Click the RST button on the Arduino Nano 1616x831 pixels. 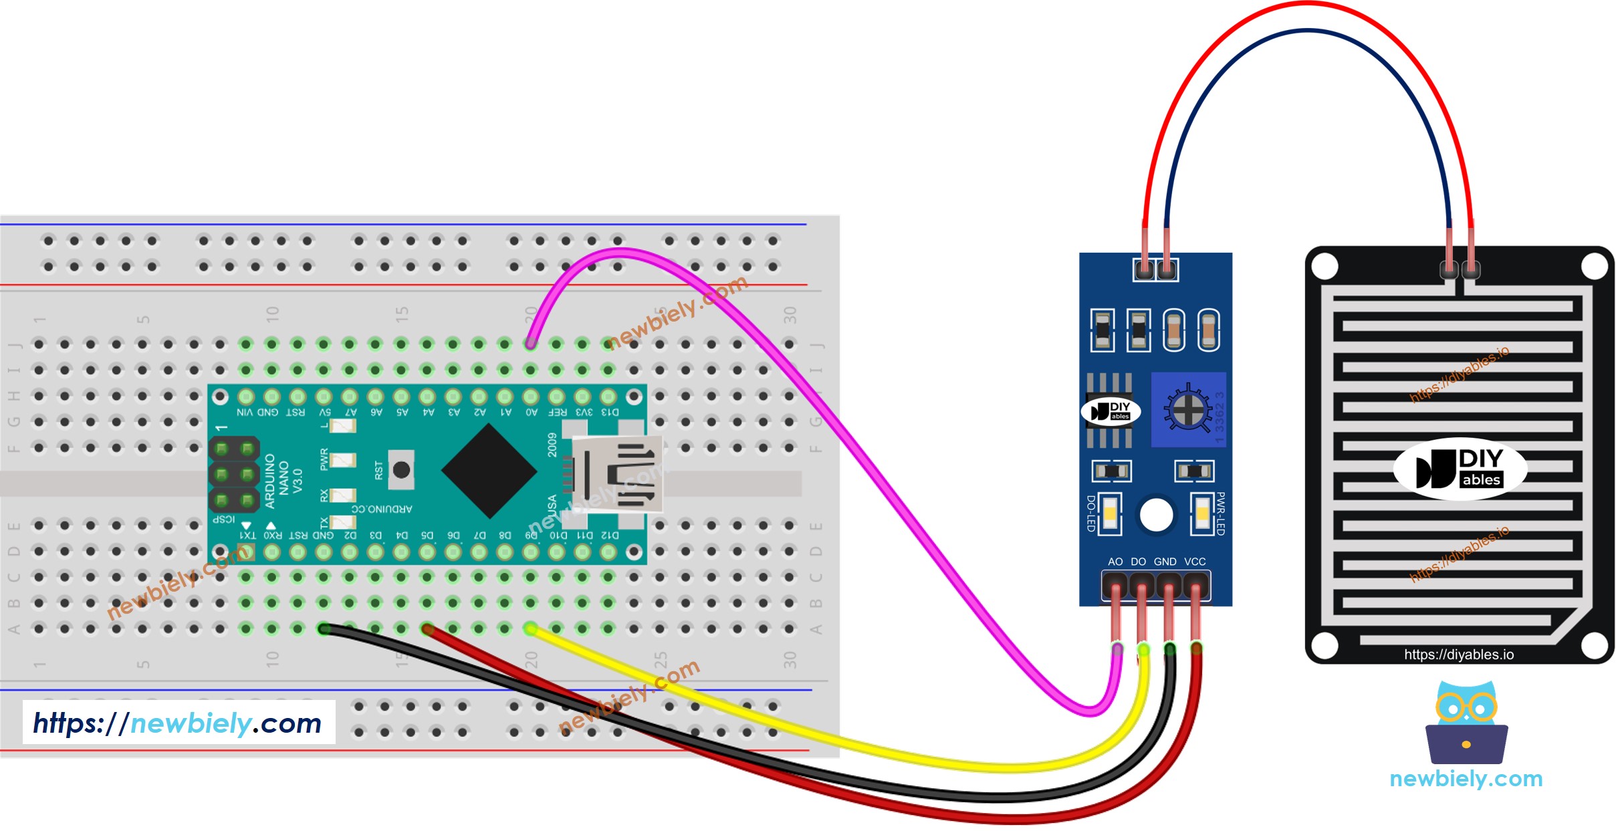(401, 470)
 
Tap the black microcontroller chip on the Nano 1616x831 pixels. (489, 471)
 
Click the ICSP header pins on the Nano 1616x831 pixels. (234, 474)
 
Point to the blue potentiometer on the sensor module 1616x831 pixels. (1187, 409)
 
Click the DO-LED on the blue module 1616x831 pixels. (1110, 514)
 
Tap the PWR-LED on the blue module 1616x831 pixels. (1201, 514)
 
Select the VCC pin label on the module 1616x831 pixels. (1195, 562)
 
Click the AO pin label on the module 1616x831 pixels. (1115, 562)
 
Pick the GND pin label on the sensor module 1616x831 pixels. (1165, 562)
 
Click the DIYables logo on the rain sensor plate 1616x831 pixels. (1460, 469)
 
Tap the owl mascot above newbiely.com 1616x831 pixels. (1467, 722)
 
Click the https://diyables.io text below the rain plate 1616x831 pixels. (1458, 655)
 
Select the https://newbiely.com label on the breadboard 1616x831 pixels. (178, 723)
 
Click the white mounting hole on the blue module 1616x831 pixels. (1156, 515)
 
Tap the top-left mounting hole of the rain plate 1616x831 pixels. (1324, 267)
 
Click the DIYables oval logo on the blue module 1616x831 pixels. (1111, 411)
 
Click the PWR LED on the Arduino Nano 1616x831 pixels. (342, 460)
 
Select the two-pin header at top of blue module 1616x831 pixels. (1155, 270)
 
